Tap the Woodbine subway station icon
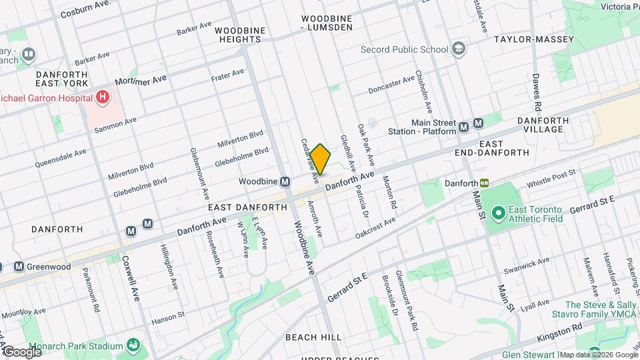coord(285,181)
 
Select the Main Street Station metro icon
coord(479,123)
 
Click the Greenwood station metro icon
coord(19,267)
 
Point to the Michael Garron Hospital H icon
coord(102,97)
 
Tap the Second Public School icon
coord(459,49)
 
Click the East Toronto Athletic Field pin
coord(497,213)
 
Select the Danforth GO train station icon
coord(485,182)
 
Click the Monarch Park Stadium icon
coord(134,345)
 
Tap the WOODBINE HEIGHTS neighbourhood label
coord(240,35)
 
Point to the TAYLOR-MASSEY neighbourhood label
coord(534,39)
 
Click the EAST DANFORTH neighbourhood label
coord(247,207)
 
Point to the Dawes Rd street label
coord(537,93)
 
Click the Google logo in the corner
coord(21,351)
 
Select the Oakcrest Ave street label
coord(375,227)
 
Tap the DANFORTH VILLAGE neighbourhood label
coord(546,125)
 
